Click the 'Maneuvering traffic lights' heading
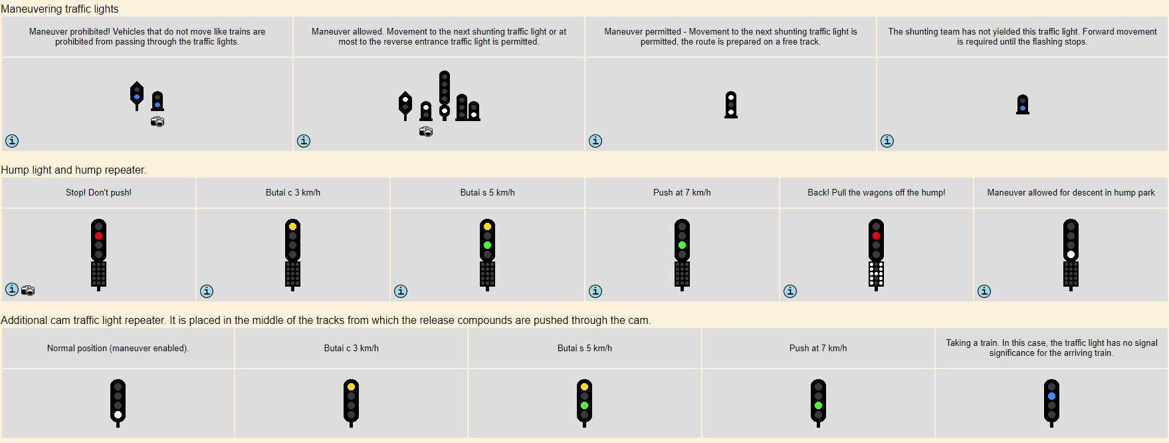pyautogui.click(x=60, y=9)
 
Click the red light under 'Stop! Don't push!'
pyautogui.click(x=98, y=236)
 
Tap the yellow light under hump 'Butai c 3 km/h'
pyautogui.click(x=292, y=227)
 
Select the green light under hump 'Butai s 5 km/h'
pyautogui.click(x=487, y=245)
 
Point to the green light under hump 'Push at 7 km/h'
pyautogui.click(x=682, y=245)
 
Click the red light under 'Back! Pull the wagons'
pyautogui.click(x=876, y=236)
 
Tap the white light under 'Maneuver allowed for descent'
pyautogui.click(x=1071, y=255)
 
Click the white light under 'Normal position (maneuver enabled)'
pyautogui.click(x=118, y=415)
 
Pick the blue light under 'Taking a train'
pyautogui.click(x=1051, y=396)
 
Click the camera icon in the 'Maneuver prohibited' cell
pyautogui.click(x=158, y=122)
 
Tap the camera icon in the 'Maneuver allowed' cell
pyautogui.click(x=426, y=132)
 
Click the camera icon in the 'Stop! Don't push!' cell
pyautogui.click(x=28, y=290)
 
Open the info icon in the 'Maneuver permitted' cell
pyautogui.click(x=595, y=141)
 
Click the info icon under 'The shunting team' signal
pyautogui.click(x=887, y=141)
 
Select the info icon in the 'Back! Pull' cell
pyautogui.click(x=790, y=291)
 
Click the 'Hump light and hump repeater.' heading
pyautogui.click(x=74, y=170)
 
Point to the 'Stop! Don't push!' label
pyautogui.click(x=98, y=193)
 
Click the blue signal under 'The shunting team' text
pyautogui.click(x=1023, y=104)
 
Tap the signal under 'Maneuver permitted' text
pyautogui.click(x=731, y=105)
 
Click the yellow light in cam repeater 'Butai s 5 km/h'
pyautogui.click(x=584, y=387)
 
